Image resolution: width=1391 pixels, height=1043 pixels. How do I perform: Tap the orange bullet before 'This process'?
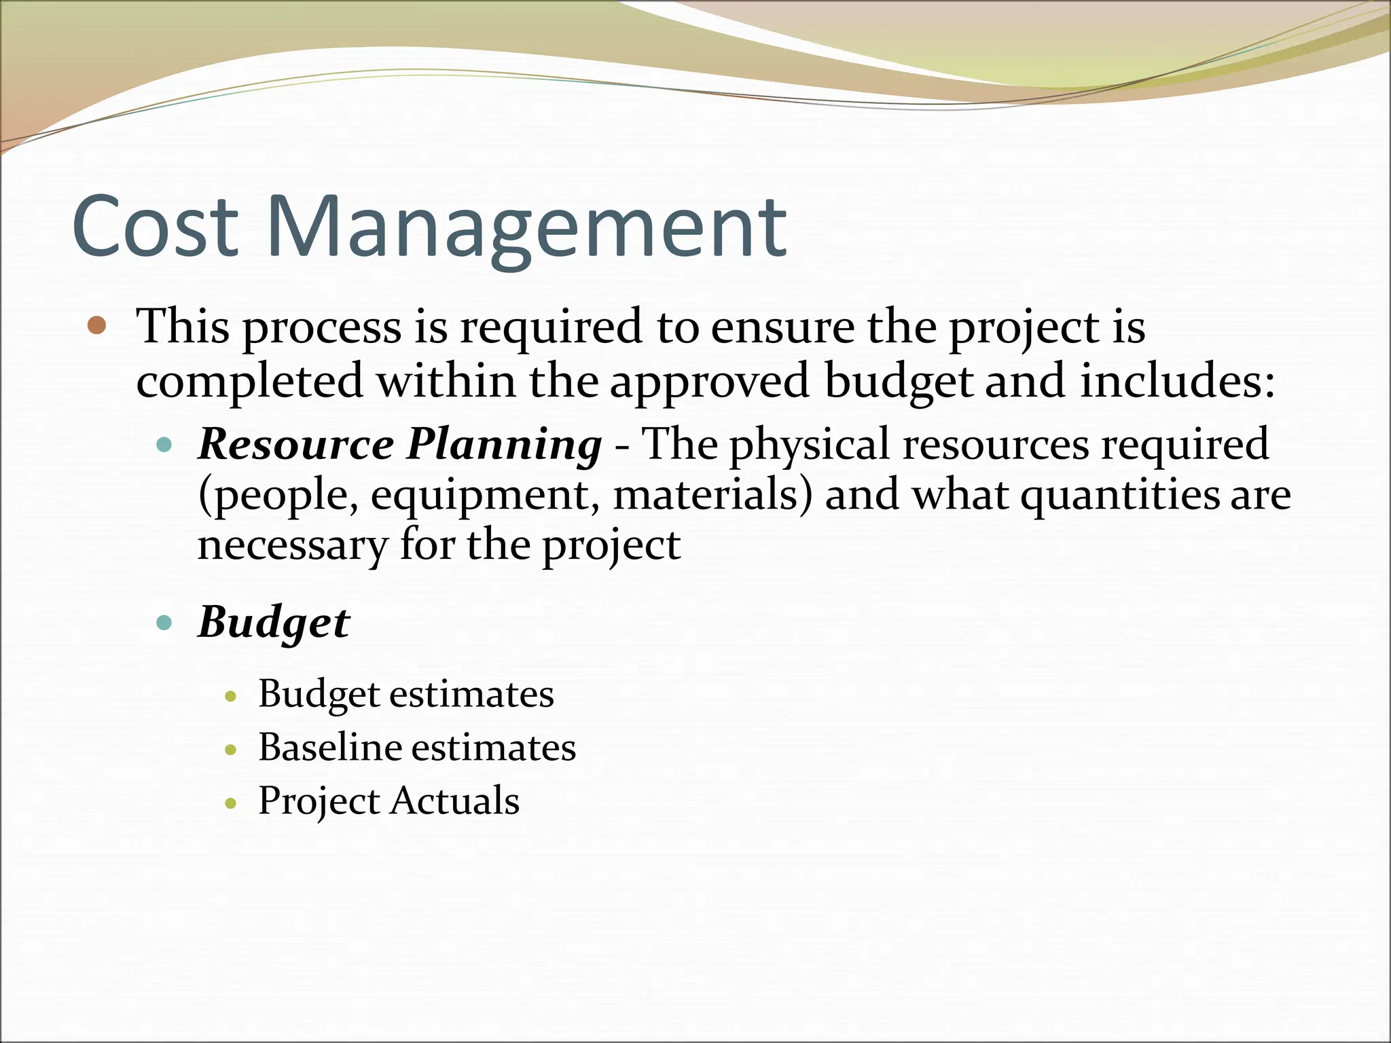pyautogui.click(x=98, y=326)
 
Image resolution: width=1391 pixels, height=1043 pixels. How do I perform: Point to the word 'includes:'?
pyautogui.click(x=1177, y=380)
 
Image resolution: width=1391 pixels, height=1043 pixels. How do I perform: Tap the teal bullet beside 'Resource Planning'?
pyautogui.click(x=164, y=445)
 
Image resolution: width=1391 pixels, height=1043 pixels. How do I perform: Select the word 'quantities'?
pyautogui.click(x=1120, y=496)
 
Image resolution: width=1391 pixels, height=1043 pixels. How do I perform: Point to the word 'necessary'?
pyautogui.click(x=293, y=545)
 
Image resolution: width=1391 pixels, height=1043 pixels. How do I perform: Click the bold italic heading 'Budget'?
pyautogui.click(x=274, y=623)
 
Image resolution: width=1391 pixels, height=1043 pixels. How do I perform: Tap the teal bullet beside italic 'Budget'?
pyautogui.click(x=164, y=622)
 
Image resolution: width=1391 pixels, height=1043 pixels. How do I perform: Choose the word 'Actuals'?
pyautogui.click(x=454, y=801)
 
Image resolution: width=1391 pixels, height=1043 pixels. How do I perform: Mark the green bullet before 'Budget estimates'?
pyautogui.click(x=231, y=696)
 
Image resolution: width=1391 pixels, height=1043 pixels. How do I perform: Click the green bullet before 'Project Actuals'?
pyautogui.click(x=231, y=803)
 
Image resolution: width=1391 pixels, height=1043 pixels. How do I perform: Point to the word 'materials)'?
pyautogui.click(x=712, y=495)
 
